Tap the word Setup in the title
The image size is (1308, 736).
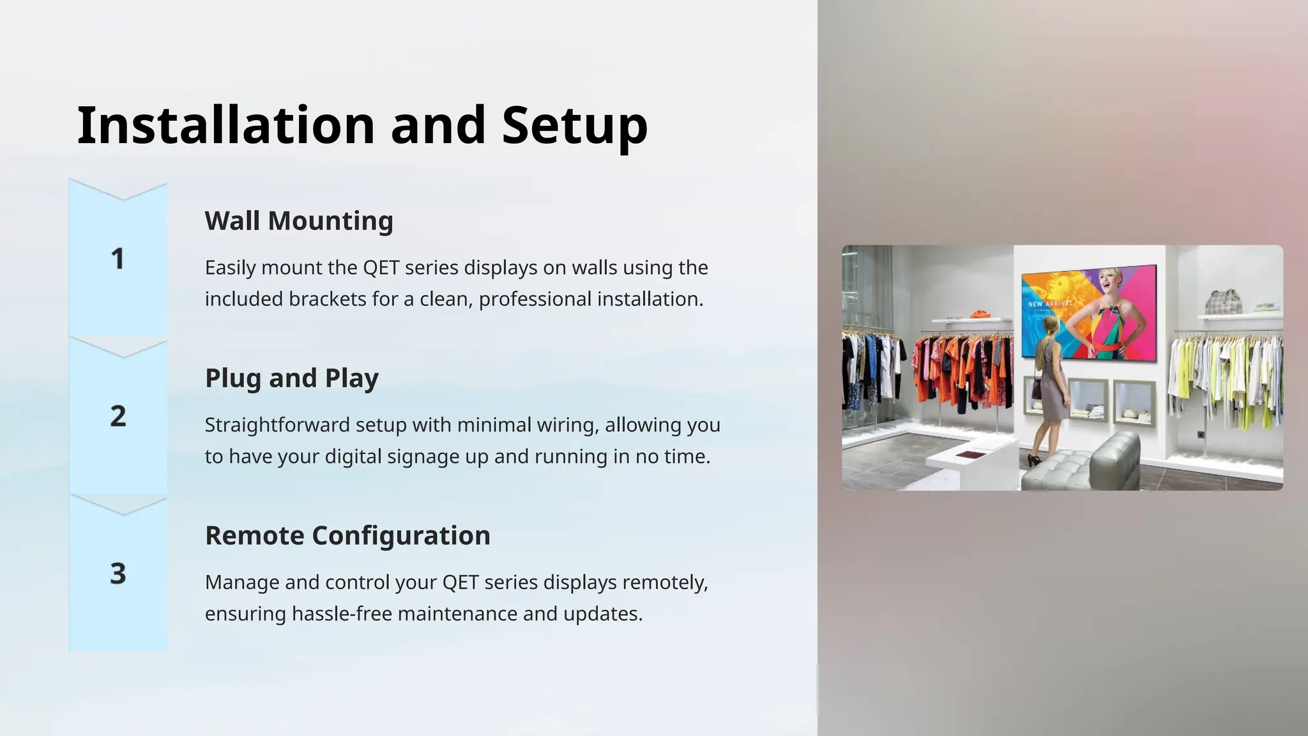pyautogui.click(x=574, y=125)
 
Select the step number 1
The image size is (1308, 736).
pyautogui.click(x=118, y=259)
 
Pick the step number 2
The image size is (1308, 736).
pyautogui.click(x=118, y=416)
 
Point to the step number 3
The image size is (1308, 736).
pyautogui.click(x=118, y=573)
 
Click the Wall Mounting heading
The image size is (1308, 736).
pyautogui.click(x=299, y=221)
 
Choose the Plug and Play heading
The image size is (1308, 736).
pyautogui.click(x=292, y=378)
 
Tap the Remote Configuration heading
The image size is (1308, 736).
pyautogui.click(x=347, y=535)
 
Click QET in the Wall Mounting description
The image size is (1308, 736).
pyautogui.click(x=381, y=268)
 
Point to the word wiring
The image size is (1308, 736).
pyautogui.click(x=565, y=425)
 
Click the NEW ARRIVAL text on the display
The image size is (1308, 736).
pyautogui.click(x=1049, y=303)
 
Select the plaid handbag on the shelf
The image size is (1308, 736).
pyautogui.click(x=1222, y=302)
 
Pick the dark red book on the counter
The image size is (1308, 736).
pyautogui.click(x=969, y=454)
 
